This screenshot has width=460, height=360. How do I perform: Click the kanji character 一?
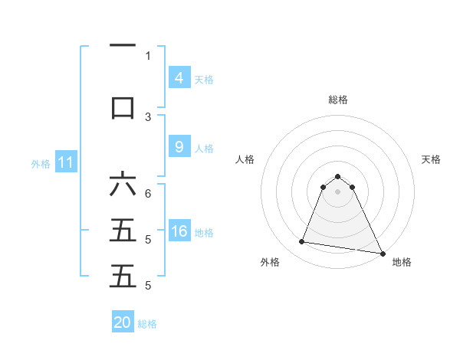(123, 47)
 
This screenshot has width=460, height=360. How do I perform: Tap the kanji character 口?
(123, 107)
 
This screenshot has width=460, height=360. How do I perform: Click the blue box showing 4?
(179, 77)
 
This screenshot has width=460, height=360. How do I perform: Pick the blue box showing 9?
(179, 147)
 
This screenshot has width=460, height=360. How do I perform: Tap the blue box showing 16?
(179, 231)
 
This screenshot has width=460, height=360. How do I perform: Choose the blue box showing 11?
(66, 162)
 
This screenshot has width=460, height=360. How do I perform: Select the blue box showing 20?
(123, 322)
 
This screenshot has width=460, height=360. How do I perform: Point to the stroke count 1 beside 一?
(148, 56)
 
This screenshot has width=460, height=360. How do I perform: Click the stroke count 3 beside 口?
(148, 116)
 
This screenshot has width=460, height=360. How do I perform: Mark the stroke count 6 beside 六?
(148, 195)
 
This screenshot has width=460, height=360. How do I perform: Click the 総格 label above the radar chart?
(338, 100)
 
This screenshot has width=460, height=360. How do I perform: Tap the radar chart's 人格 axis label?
(245, 159)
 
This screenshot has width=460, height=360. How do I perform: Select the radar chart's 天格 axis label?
(431, 159)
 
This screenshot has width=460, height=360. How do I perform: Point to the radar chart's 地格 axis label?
(402, 262)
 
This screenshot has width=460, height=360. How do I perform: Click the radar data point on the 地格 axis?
(382, 252)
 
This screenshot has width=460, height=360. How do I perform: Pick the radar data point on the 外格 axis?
(302, 242)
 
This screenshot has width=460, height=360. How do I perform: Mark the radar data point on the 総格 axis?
(338, 175)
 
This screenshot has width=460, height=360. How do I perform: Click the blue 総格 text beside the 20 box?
(147, 324)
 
